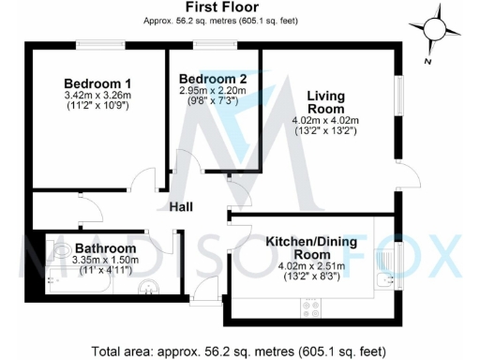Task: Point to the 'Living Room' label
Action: [x=325, y=100]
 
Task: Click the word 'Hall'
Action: [x=182, y=206]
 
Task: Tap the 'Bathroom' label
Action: [x=105, y=248]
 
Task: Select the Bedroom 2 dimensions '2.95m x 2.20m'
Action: [x=213, y=91]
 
